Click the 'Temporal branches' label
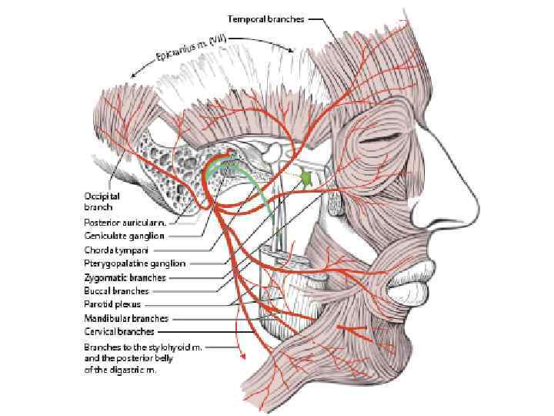click(265, 18)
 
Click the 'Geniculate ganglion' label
click(124, 236)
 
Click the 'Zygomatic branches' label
click(125, 277)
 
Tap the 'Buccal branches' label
click(116, 291)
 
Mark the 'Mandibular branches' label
click(126, 318)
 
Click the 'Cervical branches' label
click(119, 332)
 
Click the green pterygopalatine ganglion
click(307, 178)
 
